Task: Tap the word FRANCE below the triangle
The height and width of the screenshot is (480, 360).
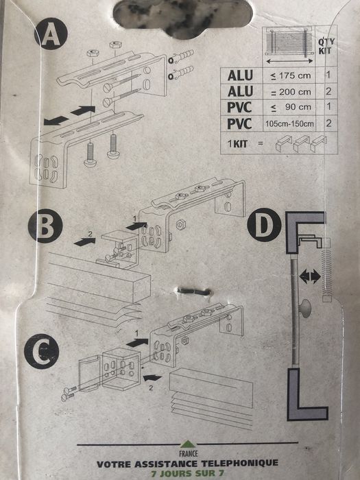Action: coord(180,453)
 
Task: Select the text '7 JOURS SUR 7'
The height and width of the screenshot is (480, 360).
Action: coord(180,473)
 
